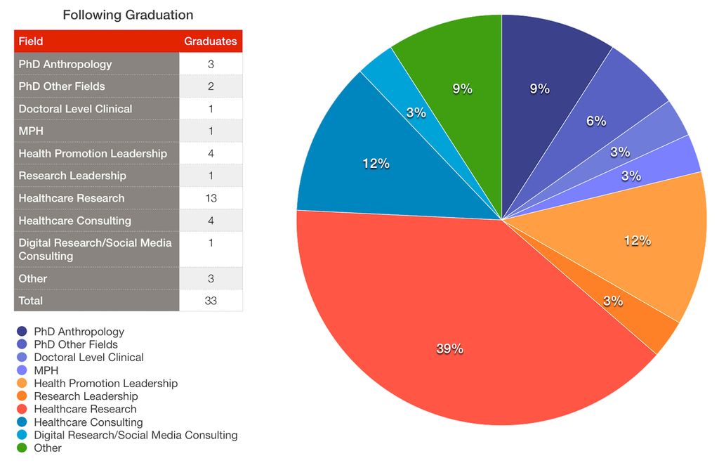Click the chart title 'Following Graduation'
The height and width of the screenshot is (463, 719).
pyautogui.click(x=128, y=15)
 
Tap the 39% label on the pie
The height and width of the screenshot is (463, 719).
pyautogui.click(x=449, y=348)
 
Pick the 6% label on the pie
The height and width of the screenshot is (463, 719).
pyautogui.click(x=596, y=121)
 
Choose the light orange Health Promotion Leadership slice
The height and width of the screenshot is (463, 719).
pyautogui.click(x=632, y=246)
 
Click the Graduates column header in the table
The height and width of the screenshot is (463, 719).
pyautogui.click(x=211, y=41)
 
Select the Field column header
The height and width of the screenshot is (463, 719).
pyautogui.click(x=31, y=41)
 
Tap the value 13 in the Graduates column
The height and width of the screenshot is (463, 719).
pyautogui.click(x=211, y=198)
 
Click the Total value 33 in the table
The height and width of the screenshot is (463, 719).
pyautogui.click(x=211, y=301)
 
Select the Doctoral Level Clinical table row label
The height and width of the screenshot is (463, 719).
pyautogui.click(x=75, y=109)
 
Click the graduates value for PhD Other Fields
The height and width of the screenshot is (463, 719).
pyautogui.click(x=211, y=86)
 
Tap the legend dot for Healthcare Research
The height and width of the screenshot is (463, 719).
pyautogui.click(x=22, y=409)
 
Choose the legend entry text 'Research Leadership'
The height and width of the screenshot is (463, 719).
pyautogui.click(x=86, y=396)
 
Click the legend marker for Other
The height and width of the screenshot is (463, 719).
pyautogui.click(x=22, y=448)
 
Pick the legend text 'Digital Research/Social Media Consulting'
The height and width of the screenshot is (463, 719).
pyautogui.click(x=136, y=435)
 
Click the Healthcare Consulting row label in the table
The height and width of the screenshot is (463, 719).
pyautogui.click(x=74, y=221)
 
